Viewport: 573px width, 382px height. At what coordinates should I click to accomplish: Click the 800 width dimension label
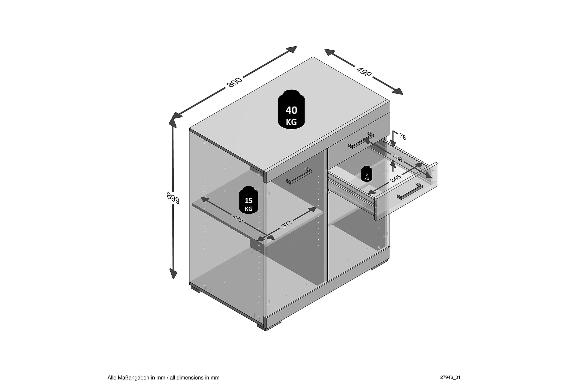pyautogui.click(x=234, y=82)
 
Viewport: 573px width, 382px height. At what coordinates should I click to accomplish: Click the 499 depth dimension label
pyautogui.click(x=364, y=72)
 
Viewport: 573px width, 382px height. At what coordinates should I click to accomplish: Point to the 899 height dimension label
pyautogui.click(x=173, y=198)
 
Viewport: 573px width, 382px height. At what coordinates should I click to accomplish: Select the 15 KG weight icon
pyautogui.click(x=249, y=200)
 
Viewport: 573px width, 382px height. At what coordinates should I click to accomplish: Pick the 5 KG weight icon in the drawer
pyautogui.click(x=366, y=173)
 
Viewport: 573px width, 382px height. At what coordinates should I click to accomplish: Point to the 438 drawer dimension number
pyautogui.click(x=397, y=158)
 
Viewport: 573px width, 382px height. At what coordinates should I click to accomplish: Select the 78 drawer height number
pyautogui.click(x=402, y=137)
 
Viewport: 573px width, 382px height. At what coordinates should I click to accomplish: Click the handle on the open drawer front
pyautogui.click(x=409, y=191)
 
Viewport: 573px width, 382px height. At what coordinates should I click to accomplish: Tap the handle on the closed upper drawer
pyautogui.click(x=361, y=140)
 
